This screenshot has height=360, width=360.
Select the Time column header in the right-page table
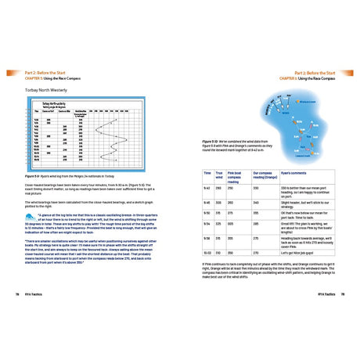(207, 174)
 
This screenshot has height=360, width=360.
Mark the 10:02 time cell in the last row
(208, 253)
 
